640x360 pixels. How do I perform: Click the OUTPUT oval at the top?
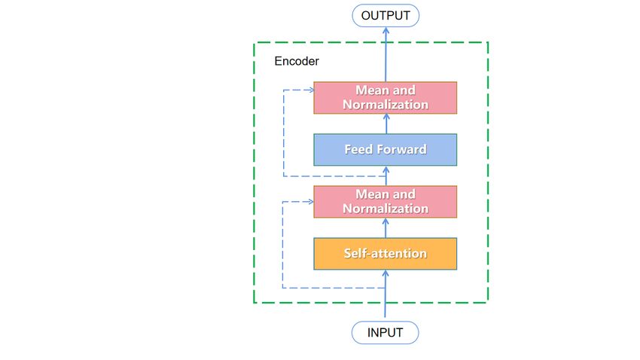point(386,16)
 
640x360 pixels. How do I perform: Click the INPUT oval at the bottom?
point(385,333)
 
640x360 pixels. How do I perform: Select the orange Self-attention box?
point(385,254)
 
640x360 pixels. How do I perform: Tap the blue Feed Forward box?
point(385,150)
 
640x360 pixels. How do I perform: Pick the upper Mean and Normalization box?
point(385,98)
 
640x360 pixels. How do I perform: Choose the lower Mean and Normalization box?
point(385,202)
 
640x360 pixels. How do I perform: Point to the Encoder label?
point(297,61)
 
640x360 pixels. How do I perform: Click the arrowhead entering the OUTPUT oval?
point(386,30)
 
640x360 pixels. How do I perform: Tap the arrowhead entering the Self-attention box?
point(385,273)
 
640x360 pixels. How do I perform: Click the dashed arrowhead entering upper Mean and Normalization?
point(311,90)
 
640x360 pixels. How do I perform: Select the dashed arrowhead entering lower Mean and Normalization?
point(311,202)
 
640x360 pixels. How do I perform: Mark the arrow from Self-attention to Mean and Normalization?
point(386,227)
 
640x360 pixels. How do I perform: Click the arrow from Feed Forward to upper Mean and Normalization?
point(386,124)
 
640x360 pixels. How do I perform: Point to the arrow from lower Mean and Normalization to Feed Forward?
point(386,175)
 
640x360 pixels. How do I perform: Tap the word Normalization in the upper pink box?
point(386,105)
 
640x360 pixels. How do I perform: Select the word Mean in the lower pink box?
point(369,194)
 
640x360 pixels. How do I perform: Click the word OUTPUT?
point(386,16)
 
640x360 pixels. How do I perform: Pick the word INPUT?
point(385,333)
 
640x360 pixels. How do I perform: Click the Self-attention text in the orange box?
point(386,254)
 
